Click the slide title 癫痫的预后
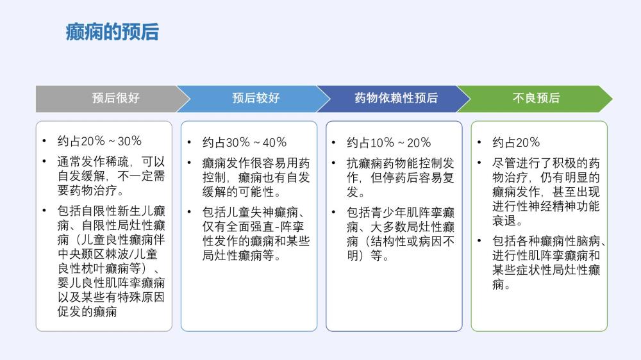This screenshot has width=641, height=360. pos(112,32)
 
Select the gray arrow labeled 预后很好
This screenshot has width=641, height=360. pos(113,99)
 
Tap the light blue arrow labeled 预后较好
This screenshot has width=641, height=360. pos(253,99)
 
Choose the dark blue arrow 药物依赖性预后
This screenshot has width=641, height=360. pos(394,99)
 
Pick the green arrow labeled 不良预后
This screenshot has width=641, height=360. pos(535,99)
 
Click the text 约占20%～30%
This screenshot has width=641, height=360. pos(99,141)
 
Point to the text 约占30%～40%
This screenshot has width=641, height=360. pos(244,142)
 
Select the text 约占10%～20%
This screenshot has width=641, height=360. pos(389,142)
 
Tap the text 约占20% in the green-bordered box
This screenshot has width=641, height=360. pos(516,142)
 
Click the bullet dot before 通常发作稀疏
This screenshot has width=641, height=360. pos(44,161)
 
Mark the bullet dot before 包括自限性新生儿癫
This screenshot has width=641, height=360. pos(44,211)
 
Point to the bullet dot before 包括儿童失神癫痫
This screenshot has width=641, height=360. pos(189,212)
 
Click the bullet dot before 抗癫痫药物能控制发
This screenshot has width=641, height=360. pos(334,163)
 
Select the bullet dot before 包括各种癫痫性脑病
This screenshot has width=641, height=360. pos(479,241)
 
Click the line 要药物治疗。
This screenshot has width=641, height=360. pos(91,190)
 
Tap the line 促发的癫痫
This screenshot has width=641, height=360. pos(87,311)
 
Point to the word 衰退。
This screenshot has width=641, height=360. pos(507,220)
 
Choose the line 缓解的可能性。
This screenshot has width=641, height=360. pos(242,192)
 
